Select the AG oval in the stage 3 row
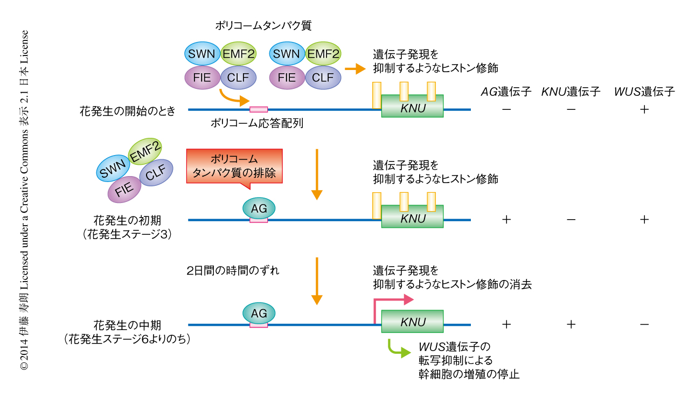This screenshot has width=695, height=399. pyautogui.click(x=259, y=208)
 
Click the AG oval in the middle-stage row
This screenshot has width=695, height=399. pyautogui.click(x=259, y=312)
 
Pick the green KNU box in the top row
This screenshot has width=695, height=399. pyautogui.click(x=413, y=107)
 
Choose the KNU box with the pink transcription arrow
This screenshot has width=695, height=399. pyautogui.click(x=413, y=322)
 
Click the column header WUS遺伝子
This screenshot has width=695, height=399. pyautogui.click(x=644, y=92)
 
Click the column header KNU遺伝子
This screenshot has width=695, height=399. pyautogui.click(x=571, y=92)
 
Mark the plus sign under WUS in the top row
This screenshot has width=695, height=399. pyautogui.click(x=644, y=109)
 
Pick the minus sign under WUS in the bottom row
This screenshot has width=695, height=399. pyautogui.click(x=644, y=324)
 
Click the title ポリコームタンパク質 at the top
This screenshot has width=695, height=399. pyautogui.click(x=263, y=25)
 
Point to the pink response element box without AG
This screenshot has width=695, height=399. pyautogui.click(x=259, y=110)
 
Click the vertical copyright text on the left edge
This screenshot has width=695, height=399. pyautogui.click(x=24, y=199)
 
